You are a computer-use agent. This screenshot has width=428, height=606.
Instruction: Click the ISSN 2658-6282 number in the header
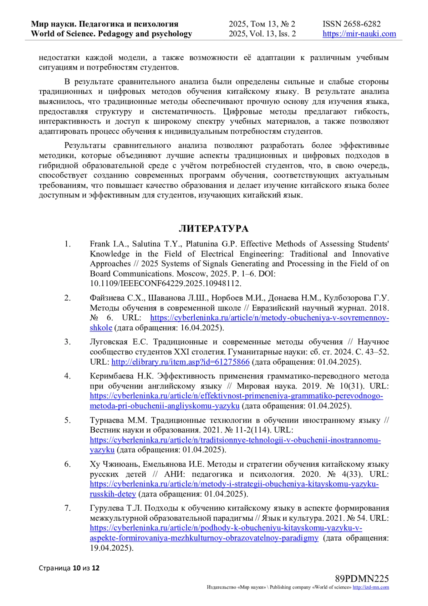(351, 24)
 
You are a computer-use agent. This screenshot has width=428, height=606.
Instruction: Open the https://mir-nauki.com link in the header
(359, 34)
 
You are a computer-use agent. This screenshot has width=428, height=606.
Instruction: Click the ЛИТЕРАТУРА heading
(213, 229)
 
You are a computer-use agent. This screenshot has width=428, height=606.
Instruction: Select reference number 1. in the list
(67, 244)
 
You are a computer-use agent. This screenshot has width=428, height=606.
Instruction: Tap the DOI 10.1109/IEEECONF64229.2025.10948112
(165, 284)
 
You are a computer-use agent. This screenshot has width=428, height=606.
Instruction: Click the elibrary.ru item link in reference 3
(180, 362)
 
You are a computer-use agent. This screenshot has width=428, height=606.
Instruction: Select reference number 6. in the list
(67, 464)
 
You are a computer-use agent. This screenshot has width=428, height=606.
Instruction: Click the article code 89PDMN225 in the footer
(362, 579)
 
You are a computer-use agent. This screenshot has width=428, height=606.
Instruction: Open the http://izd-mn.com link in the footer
(371, 587)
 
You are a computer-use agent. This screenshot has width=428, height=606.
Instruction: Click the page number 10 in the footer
(77, 568)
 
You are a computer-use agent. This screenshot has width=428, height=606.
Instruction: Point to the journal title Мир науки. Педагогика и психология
(105, 24)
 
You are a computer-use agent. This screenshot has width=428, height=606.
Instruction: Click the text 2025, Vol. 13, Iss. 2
(262, 34)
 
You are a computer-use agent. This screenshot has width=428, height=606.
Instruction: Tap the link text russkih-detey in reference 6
(113, 494)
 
